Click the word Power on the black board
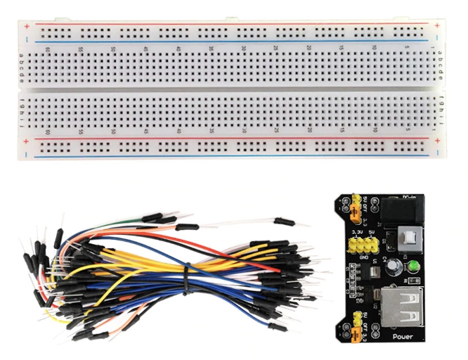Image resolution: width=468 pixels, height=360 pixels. pyautogui.click(x=403, y=336)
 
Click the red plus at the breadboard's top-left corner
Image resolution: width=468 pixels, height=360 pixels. pyautogui.click(x=26, y=27)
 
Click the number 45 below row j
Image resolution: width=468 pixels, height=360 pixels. pyautogui.click(x=145, y=130)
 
